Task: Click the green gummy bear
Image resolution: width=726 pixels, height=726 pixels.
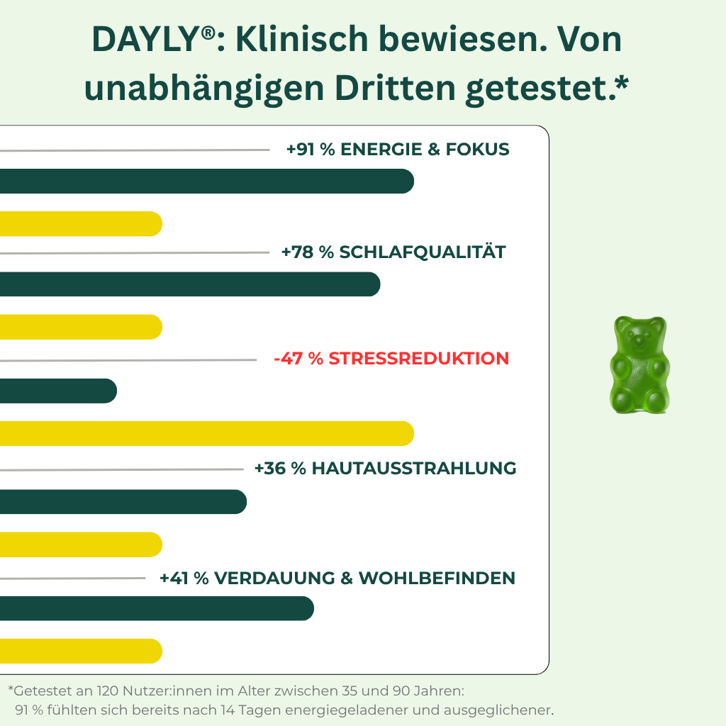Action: point(639,365)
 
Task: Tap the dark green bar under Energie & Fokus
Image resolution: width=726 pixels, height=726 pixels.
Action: point(206,181)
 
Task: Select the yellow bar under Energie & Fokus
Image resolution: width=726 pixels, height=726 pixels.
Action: point(81,223)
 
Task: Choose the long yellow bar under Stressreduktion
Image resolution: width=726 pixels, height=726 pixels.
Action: point(206,433)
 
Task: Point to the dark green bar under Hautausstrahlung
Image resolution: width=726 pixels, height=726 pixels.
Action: point(123,501)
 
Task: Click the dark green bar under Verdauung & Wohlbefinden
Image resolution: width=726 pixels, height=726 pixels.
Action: point(156,608)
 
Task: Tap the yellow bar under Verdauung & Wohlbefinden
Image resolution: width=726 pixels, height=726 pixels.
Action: point(81,651)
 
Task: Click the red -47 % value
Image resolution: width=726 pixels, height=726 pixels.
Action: point(298,359)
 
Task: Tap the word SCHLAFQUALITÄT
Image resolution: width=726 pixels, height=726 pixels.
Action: point(423,252)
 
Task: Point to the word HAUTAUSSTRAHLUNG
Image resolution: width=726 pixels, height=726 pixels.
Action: point(414,469)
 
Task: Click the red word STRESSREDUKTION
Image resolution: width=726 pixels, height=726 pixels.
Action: point(419,359)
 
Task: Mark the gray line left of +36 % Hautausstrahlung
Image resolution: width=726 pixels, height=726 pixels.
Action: point(121,469)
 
